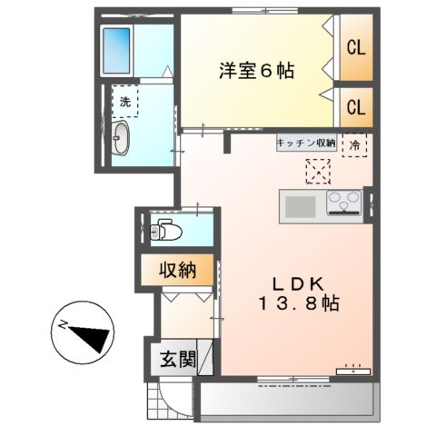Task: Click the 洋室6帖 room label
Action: click(x=255, y=70)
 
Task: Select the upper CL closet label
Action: click(x=354, y=48)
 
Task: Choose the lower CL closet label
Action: click(x=354, y=107)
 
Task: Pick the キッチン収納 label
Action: click(x=306, y=144)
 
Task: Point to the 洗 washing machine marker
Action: click(x=125, y=102)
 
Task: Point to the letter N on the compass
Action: click(x=64, y=324)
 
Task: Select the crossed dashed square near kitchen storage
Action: click(x=317, y=170)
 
